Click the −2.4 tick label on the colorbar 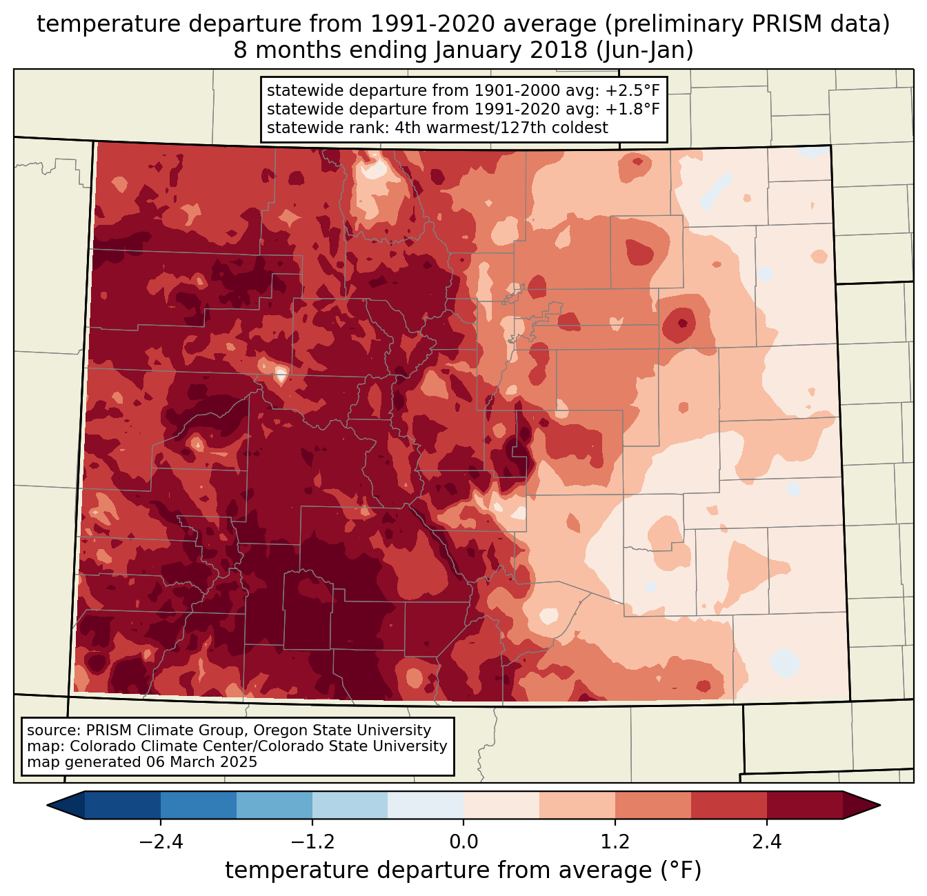tap(160, 842)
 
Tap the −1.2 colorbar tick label tap(312, 842)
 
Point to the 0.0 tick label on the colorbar tap(464, 842)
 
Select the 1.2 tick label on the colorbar tap(615, 842)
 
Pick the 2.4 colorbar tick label tap(767, 842)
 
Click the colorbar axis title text tap(464, 870)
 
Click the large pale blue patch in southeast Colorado tap(784, 662)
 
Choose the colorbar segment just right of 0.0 tap(501, 805)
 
